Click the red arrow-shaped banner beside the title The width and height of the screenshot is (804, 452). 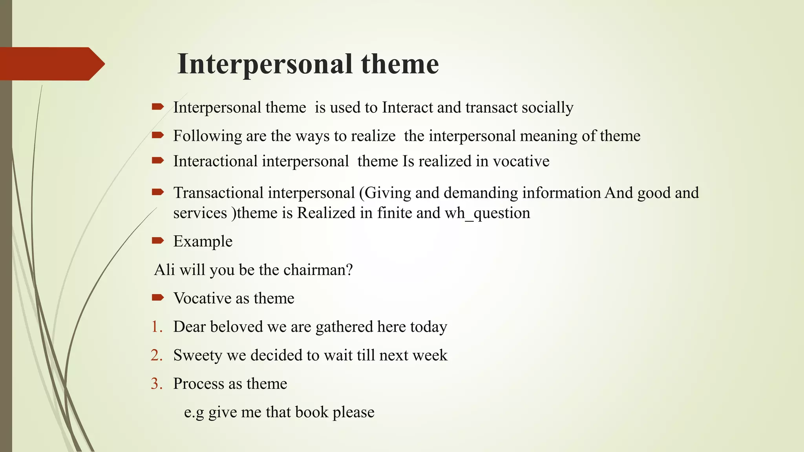[51, 64]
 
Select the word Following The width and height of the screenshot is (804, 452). [208, 136]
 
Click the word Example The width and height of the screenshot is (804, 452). [203, 241]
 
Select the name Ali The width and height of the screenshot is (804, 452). [164, 270]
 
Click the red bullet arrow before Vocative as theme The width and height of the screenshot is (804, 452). [157, 298]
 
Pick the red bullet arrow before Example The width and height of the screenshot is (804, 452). [157, 241]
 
